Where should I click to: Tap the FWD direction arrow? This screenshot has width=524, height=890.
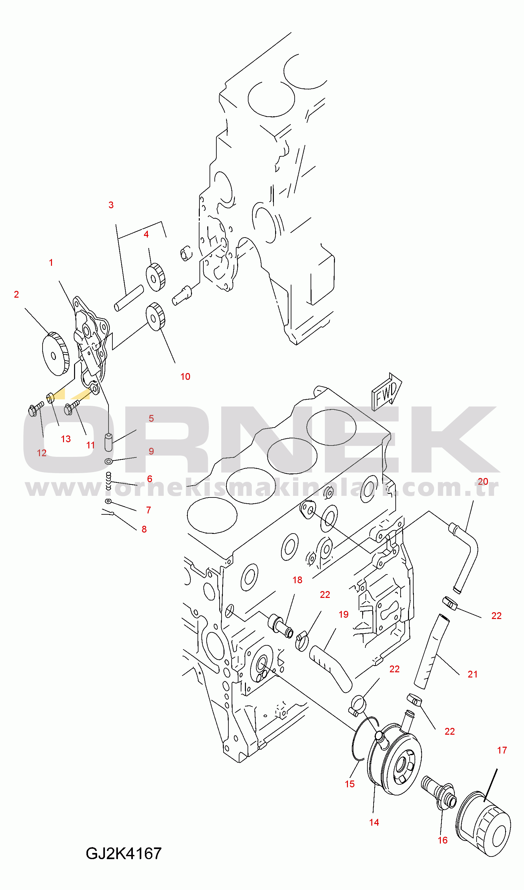pos(387,392)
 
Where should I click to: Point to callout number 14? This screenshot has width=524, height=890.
pos(374,822)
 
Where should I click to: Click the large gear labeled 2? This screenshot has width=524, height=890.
pos(56,354)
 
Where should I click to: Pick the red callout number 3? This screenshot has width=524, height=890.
pos(111,205)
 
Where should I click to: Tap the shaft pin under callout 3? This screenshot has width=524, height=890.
pos(129,298)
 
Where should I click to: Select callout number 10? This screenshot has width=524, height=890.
pos(185,377)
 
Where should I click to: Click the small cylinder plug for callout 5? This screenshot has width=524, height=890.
pos(109,442)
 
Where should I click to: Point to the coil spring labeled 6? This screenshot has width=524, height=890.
pos(109,481)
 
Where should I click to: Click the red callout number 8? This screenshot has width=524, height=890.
pos(144,529)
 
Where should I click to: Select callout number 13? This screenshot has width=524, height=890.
pos(66,439)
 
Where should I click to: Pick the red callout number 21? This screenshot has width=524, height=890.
pos(472,674)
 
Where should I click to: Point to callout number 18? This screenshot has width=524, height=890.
pos(297,580)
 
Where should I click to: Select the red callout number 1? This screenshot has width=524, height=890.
pos(51,263)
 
